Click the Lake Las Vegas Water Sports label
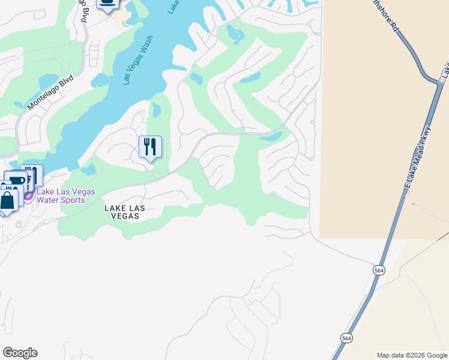coord(66,196)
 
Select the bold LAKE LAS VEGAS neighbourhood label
coord(125,212)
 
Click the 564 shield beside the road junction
coord(378,271)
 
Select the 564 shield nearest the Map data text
coord(347,338)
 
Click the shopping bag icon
coord(8,200)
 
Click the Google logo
coord(20,353)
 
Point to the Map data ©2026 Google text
coord(412,355)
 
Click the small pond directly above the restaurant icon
coord(156,110)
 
